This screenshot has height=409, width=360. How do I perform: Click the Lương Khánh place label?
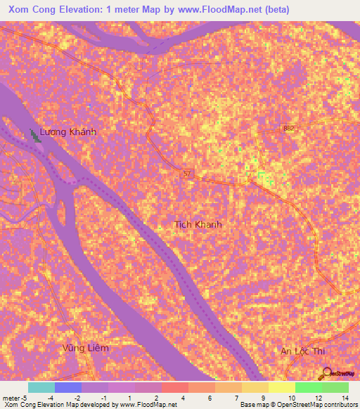coord(67,131)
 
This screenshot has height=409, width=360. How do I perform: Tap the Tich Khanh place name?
coord(198,224)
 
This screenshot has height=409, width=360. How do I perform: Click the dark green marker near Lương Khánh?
coord(34,136)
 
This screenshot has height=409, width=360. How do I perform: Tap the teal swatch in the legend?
coord(41,387)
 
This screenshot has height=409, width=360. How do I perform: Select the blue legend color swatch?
coord(68,387)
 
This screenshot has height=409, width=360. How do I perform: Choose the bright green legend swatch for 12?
coord(308,387)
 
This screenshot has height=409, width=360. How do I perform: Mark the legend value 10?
coord(290,397)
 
